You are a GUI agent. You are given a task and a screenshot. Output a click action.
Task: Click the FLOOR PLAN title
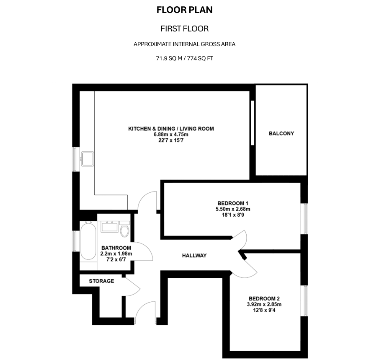coord(185,10)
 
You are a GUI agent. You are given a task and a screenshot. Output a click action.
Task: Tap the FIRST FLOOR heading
coord(185,29)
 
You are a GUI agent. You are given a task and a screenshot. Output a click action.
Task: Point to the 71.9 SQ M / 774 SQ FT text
coord(185,59)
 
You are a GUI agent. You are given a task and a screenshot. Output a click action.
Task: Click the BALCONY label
coord(281,134)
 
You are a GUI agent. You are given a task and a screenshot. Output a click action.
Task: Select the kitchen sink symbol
coord(88,159)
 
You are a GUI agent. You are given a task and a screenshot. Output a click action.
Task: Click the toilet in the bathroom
coord(124,230)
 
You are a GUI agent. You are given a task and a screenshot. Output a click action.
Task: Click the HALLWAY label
coord(194,256)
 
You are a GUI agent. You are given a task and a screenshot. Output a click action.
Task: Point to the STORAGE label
coord(101,281)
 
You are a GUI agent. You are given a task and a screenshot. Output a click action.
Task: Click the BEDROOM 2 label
coord(264,298)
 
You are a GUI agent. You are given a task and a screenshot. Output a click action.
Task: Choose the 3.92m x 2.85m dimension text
coord(264,305)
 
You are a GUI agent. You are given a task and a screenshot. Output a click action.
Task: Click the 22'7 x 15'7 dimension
coord(171,141)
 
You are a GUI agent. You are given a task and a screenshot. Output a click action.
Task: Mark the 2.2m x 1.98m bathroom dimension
coord(116,254)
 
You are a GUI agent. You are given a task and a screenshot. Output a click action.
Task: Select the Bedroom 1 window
coord(306,218)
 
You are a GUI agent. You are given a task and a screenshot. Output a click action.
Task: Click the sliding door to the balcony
coord(252,122)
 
